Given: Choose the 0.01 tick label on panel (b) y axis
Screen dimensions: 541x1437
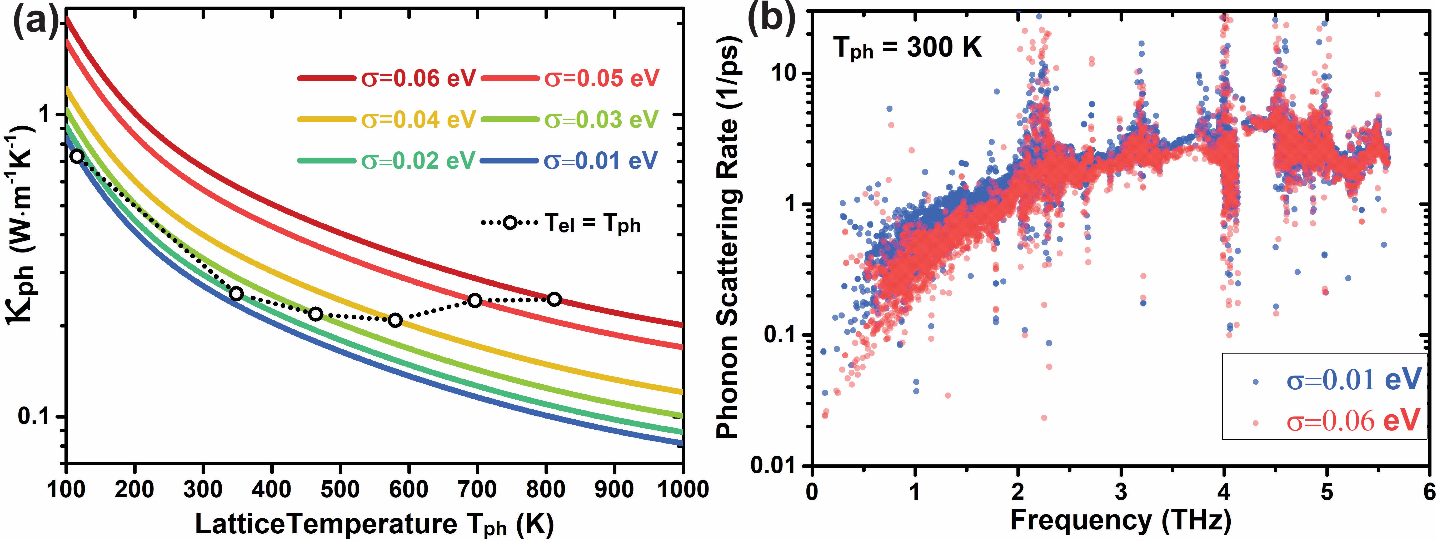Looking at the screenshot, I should coord(775,466).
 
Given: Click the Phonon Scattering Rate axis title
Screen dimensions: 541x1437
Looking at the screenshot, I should coord(728,237).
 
